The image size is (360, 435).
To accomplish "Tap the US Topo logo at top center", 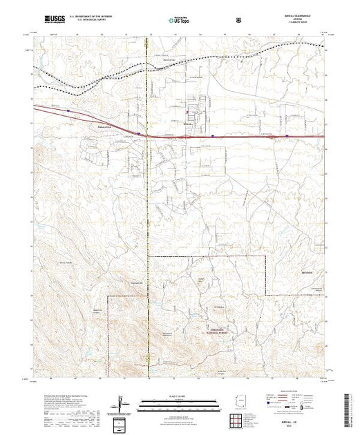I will pos(180,20).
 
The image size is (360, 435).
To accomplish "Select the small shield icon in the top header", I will pos(239,20).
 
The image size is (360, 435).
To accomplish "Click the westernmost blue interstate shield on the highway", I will pos(69,110).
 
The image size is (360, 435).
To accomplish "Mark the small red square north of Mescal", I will pos(188,110).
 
